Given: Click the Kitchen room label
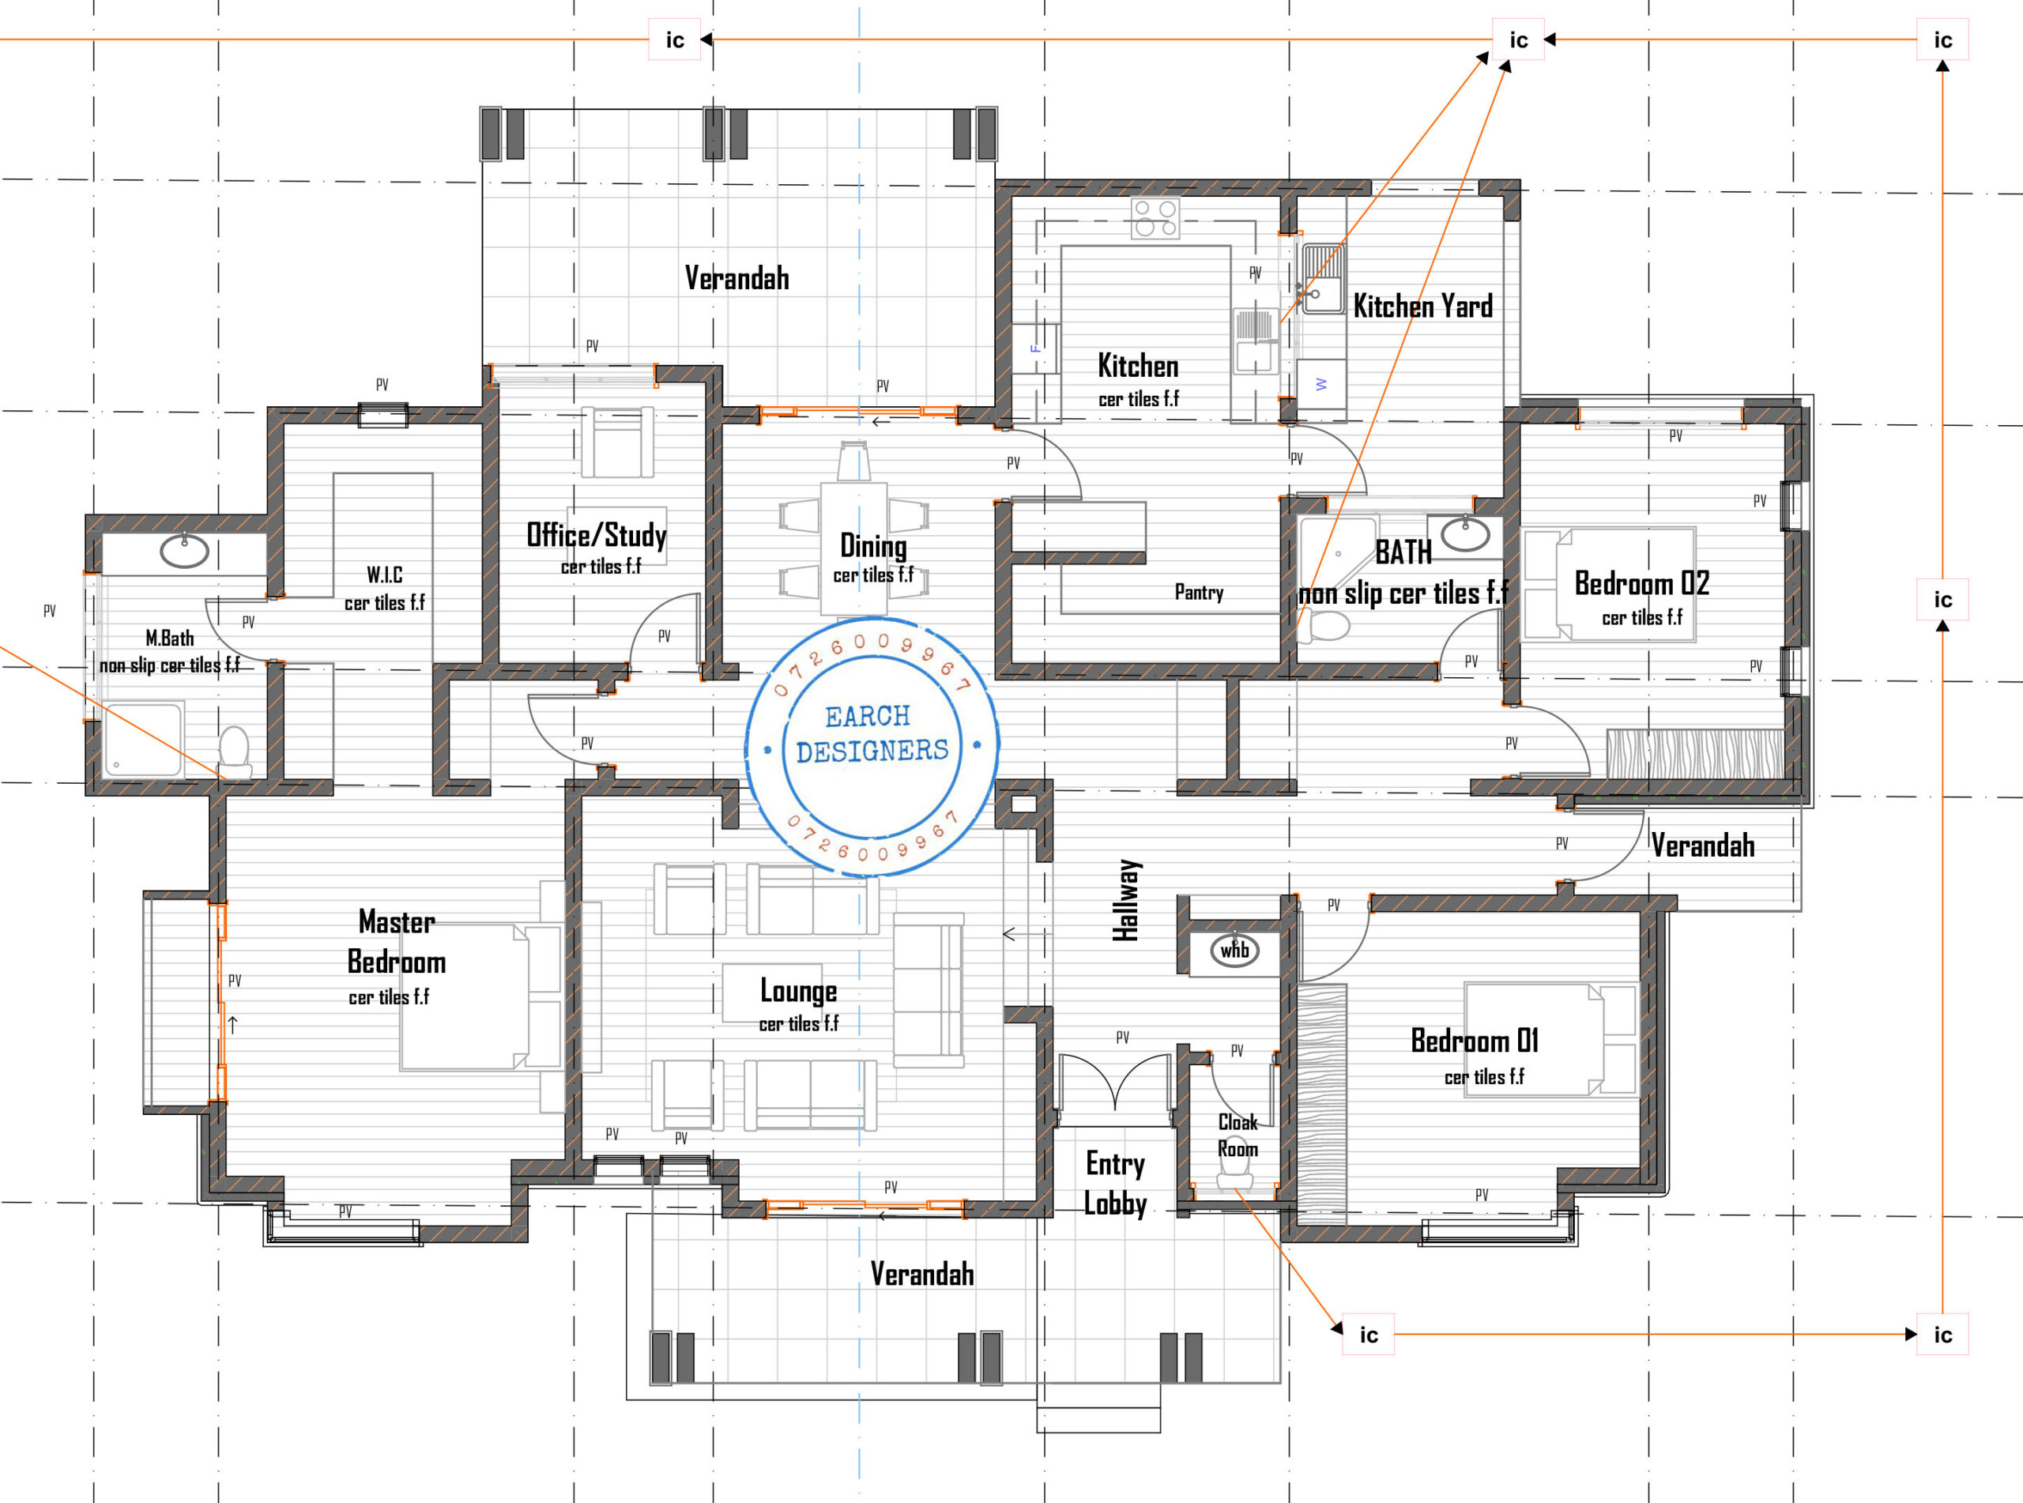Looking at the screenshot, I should click(x=1138, y=366).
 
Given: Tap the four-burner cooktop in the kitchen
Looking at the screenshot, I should click(x=1155, y=218).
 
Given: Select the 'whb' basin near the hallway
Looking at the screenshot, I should click(x=1234, y=951).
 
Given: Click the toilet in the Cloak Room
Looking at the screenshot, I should click(x=1234, y=1177).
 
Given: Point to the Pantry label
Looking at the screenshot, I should click(x=1198, y=593).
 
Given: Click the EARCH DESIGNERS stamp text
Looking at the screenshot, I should click(x=871, y=734).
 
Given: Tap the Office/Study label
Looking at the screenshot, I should click(x=597, y=535).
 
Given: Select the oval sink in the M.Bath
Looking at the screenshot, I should click(x=185, y=551).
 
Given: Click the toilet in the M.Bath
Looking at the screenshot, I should click(x=235, y=751).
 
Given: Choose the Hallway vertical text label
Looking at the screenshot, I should click(x=1125, y=900).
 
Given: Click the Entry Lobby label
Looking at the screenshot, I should click(x=1114, y=1183).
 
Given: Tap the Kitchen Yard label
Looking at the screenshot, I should click(x=1422, y=307).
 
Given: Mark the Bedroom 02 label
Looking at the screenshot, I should click(x=1641, y=583).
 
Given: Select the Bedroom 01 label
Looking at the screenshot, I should click(x=1474, y=1040).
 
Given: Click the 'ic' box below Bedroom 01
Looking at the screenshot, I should click(x=1368, y=1335).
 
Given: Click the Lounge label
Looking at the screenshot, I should click(x=797, y=991).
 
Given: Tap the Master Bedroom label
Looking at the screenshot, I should click(x=397, y=942).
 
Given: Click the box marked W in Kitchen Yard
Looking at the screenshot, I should click(x=1320, y=385).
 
